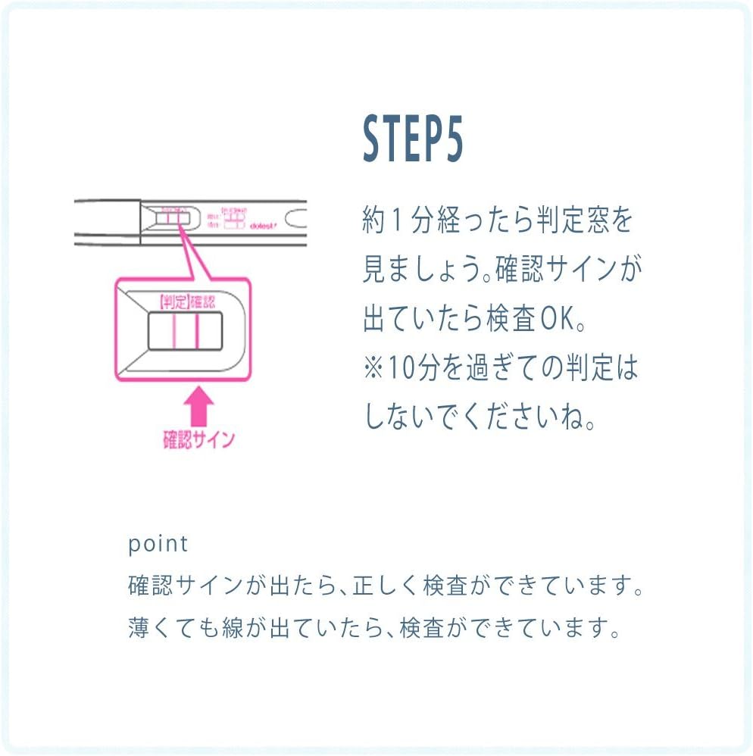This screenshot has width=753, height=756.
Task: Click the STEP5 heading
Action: [x=412, y=139]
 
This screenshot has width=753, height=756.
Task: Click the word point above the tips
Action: [x=158, y=543]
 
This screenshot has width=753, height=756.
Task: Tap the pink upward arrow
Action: [x=199, y=408]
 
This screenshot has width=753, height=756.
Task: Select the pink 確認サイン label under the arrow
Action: [x=199, y=440]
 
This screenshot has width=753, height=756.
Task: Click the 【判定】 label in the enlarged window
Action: [x=173, y=301]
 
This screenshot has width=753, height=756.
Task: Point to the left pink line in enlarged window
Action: [x=174, y=333]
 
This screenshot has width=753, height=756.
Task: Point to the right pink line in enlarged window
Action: [x=196, y=333]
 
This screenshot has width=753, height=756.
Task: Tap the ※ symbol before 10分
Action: [x=373, y=370]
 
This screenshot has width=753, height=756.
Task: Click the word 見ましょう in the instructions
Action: [x=420, y=271]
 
